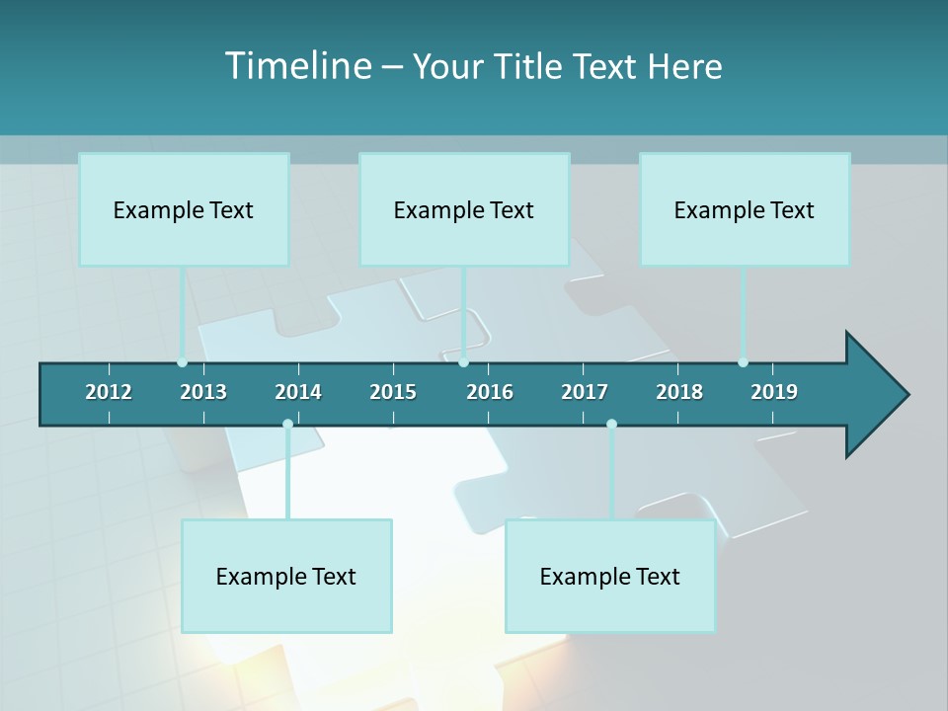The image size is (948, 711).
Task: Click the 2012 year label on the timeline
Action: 109,392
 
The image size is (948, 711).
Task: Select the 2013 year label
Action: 203,392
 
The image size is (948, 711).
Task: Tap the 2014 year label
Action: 298,392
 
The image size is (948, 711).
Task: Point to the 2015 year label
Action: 393,392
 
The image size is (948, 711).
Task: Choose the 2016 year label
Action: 490,392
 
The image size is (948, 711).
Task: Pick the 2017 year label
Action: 585,392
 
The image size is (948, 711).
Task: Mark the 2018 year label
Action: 679,392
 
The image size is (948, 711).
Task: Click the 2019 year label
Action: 774,392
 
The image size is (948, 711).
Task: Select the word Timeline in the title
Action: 297,66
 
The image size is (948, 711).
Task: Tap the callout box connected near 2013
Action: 184,209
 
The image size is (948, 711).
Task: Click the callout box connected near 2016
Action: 464,209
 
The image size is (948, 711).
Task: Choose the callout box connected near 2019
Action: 745,209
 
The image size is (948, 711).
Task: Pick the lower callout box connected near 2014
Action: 286,576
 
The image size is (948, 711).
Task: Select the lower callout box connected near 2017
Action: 610,576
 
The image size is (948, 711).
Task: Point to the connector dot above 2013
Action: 182,362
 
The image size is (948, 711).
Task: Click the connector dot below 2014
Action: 287,425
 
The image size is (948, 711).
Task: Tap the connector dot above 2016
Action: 464,362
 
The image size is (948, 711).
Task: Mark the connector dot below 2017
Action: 611,425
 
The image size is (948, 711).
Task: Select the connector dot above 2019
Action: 743,362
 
